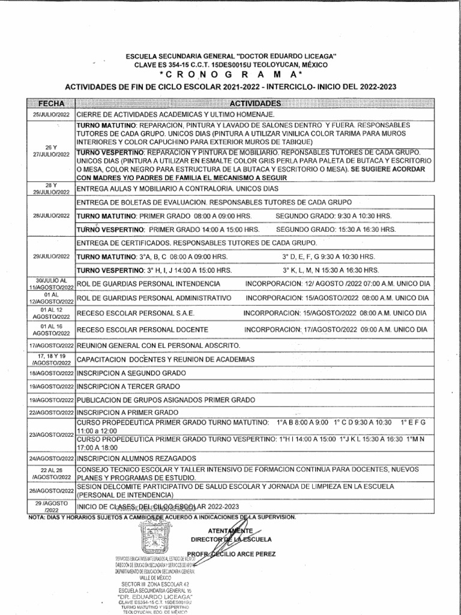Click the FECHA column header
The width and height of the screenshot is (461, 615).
click(51, 104)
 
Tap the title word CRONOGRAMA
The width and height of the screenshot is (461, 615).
click(230, 74)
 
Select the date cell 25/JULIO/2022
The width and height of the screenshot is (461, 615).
click(51, 114)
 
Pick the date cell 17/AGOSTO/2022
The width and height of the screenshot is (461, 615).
click(51, 346)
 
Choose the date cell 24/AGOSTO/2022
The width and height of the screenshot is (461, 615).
click(51, 458)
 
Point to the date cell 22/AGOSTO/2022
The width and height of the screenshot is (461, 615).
click(51, 413)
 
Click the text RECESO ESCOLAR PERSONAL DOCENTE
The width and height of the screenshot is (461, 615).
click(143, 330)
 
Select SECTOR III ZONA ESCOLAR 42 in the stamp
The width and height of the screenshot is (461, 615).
click(155, 584)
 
